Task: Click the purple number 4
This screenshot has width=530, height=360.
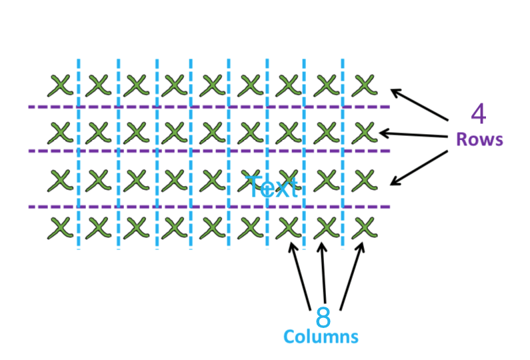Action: click(x=478, y=115)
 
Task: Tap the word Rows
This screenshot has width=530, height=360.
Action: click(x=479, y=140)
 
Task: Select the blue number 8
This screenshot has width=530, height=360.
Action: click(x=323, y=316)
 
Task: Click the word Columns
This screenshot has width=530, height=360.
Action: click(x=321, y=337)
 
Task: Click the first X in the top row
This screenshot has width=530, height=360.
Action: click(x=60, y=85)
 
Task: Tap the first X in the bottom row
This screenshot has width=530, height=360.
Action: click(x=60, y=228)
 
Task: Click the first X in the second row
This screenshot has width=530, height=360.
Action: click(x=60, y=132)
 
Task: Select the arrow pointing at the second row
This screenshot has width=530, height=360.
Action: click(x=413, y=135)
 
